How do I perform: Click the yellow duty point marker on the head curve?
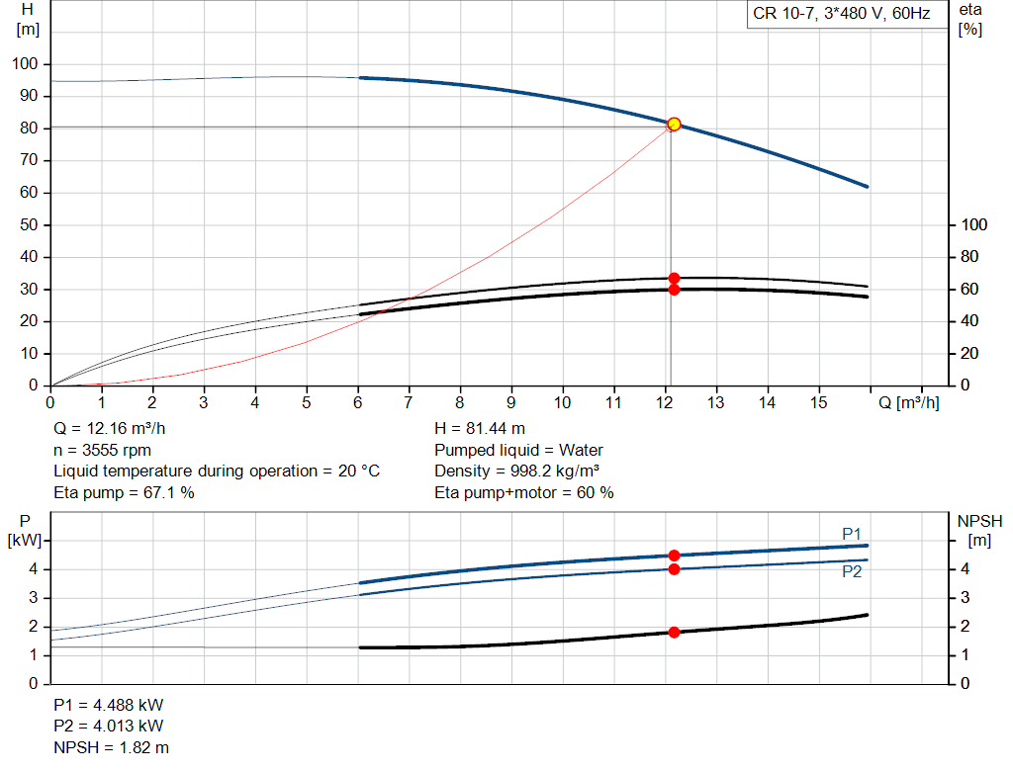(674, 124)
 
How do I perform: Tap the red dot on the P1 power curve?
(674, 556)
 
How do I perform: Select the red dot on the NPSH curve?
(674, 632)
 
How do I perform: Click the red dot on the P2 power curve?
(674, 568)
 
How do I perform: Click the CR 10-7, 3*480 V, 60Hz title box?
(841, 14)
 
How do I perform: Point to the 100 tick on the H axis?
(25, 64)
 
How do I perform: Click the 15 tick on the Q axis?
(818, 402)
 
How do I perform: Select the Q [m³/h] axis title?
(908, 402)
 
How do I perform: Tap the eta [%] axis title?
(970, 20)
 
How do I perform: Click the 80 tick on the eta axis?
(969, 257)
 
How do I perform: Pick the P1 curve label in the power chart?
(852, 534)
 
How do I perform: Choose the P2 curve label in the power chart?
(852, 572)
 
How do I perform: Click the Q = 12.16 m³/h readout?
(109, 429)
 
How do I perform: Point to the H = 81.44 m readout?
(480, 429)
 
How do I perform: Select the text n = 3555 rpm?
(102, 450)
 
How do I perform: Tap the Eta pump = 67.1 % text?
(124, 492)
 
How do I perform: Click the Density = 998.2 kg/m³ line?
(516, 472)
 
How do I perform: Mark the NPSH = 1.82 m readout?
(111, 747)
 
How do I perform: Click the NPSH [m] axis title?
(979, 531)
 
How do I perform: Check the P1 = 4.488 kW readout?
(109, 705)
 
